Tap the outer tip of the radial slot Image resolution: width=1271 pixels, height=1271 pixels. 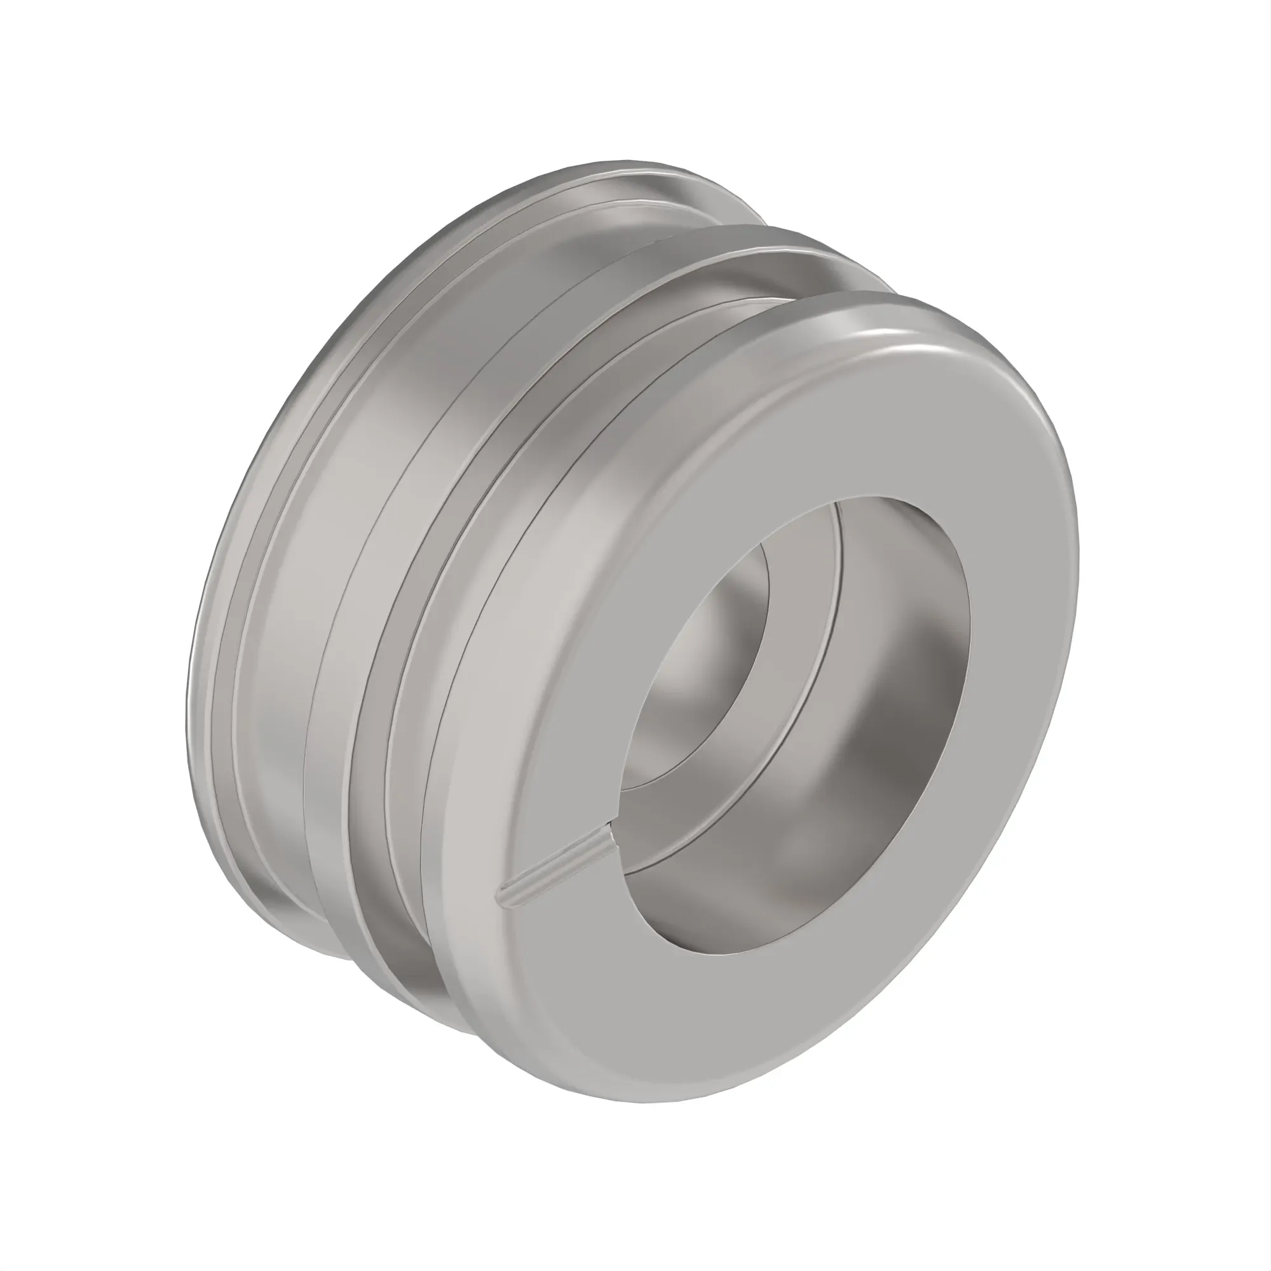coord(505,899)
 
